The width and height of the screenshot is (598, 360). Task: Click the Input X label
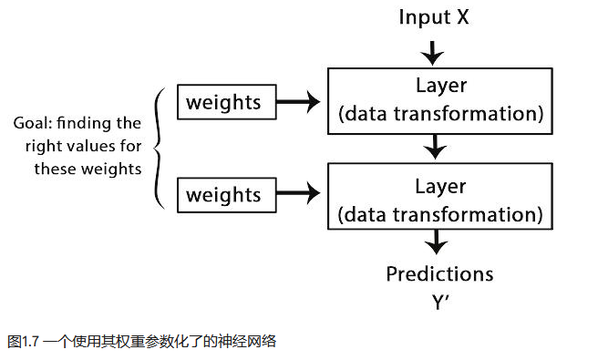pyautogui.click(x=434, y=16)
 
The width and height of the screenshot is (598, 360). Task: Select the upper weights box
pyautogui.click(x=222, y=102)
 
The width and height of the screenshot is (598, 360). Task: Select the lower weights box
pyautogui.click(x=222, y=193)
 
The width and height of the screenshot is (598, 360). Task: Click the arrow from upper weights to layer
pyautogui.click(x=296, y=102)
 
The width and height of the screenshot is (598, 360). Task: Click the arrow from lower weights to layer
pyautogui.click(x=296, y=193)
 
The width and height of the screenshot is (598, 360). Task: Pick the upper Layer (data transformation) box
pyautogui.click(x=440, y=101)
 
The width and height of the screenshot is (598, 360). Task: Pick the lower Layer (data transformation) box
pyautogui.click(x=440, y=201)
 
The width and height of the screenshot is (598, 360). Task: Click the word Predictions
pyautogui.click(x=439, y=273)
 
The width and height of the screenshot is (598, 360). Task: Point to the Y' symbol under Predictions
pyautogui.click(x=440, y=302)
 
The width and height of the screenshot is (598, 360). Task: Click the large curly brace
pyautogui.click(x=161, y=147)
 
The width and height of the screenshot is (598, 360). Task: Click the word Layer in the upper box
pyautogui.click(x=440, y=87)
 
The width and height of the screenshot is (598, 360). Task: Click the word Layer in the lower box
pyautogui.click(x=440, y=187)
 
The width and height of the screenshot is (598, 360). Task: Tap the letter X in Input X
pyautogui.click(x=462, y=16)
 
